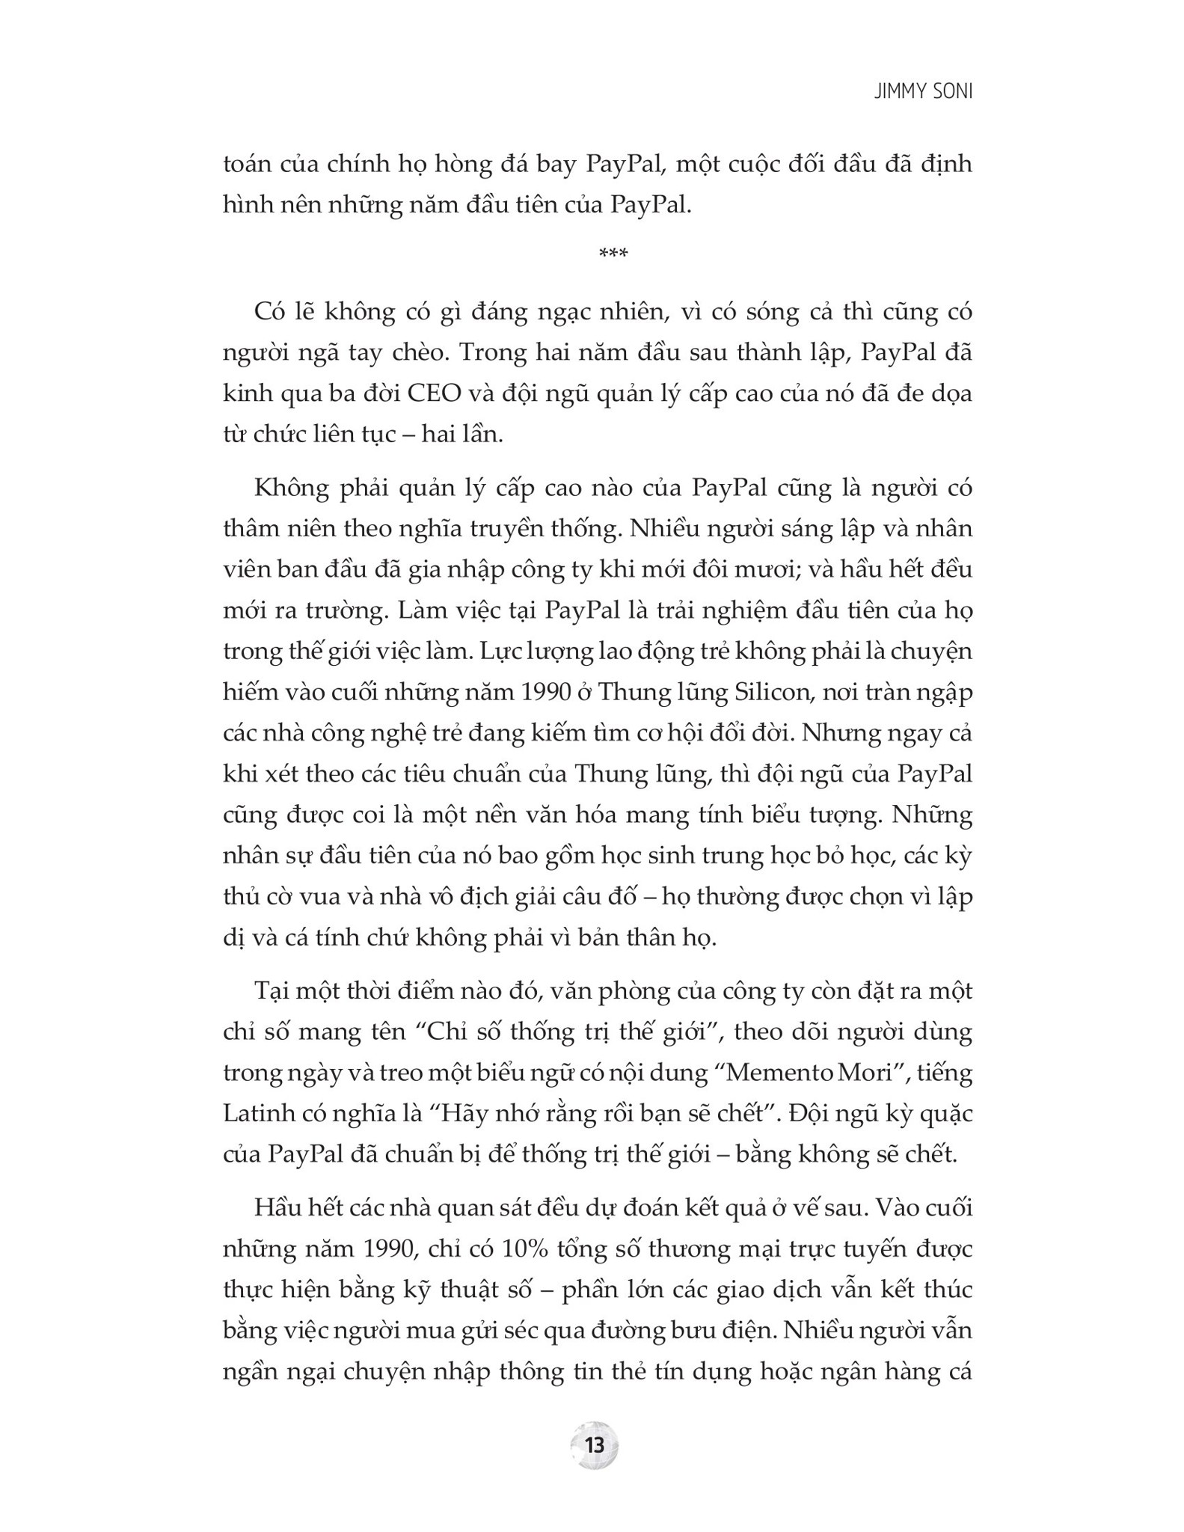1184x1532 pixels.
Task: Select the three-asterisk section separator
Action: [x=613, y=254]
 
